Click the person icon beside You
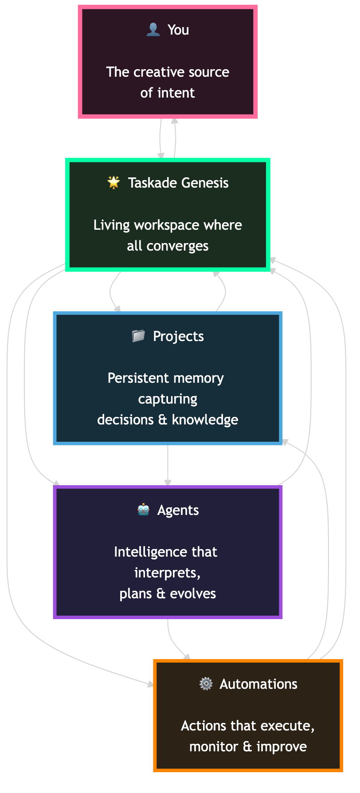coord(153,30)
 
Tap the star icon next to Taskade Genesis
coord(114,182)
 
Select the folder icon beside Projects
coord(138,336)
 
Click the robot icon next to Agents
coord(143,510)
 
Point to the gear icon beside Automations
coord(206,684)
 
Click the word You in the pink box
coord(178,30)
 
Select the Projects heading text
coord(178,336)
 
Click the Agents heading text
coord(178,510)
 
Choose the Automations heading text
coord(258,684)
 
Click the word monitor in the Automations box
coord(214,746)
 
